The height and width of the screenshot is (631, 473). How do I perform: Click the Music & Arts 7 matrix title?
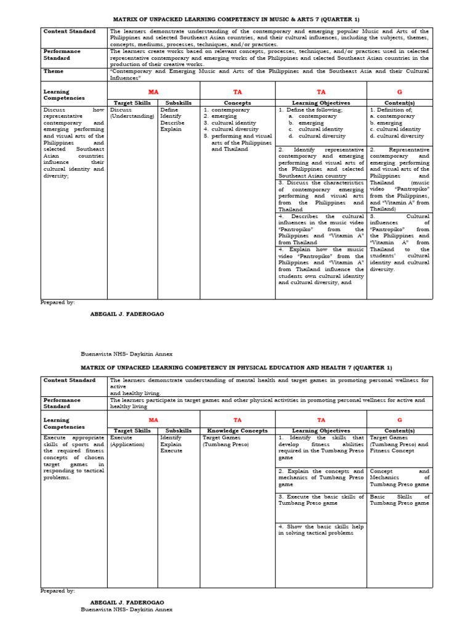(x=236, y=18)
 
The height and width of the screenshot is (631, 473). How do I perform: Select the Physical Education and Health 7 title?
(x=236, y=367)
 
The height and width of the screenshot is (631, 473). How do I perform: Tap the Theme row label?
(x=53, y=71)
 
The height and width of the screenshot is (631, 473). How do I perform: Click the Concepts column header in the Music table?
(x=237, y=102)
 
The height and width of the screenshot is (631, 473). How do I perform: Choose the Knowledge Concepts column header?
(x=237, y=431)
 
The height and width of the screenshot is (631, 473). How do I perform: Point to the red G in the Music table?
(x=400, y=91)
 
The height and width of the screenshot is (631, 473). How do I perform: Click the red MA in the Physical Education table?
(x=153, y=419)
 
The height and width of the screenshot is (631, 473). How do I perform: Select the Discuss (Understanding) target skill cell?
(x=132, y=113)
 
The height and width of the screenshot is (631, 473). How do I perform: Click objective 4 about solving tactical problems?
(x=321, y=530)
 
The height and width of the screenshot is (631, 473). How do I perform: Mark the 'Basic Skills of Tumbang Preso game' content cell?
(x=400, y=500)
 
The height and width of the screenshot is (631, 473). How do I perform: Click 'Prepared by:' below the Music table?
(x=58, y=303)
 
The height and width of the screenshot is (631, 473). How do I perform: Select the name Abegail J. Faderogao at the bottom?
(x=127, y=601)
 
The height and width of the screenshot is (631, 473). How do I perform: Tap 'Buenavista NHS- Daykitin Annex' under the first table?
(x=127, y=354)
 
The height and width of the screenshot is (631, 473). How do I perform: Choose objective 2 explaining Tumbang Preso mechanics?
(x=321, y=478)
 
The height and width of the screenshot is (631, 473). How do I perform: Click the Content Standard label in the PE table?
(x=70, y=380)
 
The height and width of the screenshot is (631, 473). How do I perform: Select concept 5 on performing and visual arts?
(x=237, y=142)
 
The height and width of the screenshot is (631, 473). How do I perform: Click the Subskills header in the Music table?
(x=179, y=102)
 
